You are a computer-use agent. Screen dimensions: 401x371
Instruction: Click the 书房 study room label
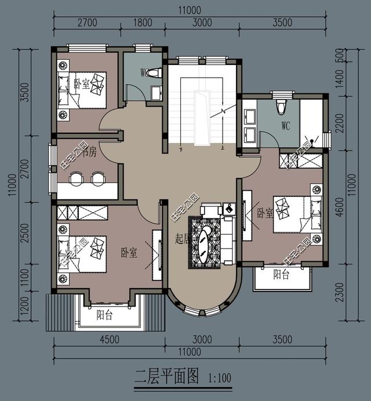[89, 153]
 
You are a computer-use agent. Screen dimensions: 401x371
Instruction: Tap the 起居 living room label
[181, 239]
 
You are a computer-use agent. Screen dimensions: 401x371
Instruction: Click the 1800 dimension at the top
[142, 24]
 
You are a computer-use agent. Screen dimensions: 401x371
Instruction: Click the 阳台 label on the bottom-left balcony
[105, 316]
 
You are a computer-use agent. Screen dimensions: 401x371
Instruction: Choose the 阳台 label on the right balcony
[281, 275]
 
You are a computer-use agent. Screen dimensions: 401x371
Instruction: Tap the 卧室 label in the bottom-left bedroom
[129, 253]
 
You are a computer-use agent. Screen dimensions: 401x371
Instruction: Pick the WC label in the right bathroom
[285, 125]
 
